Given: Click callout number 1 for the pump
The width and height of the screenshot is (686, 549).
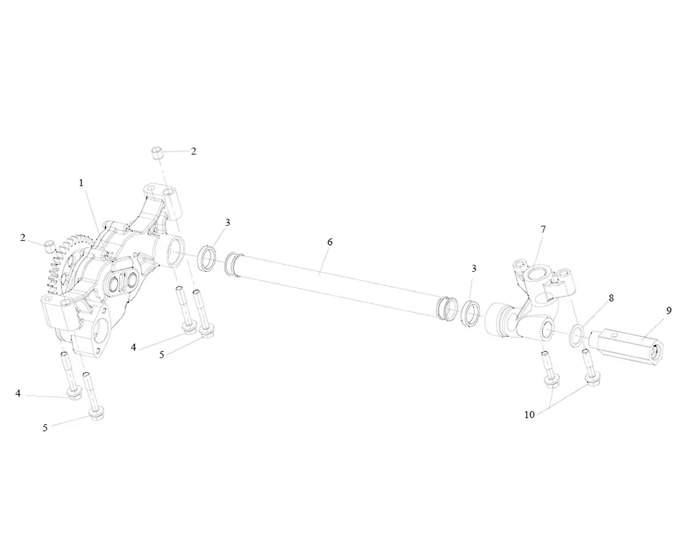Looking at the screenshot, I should coord(81,183).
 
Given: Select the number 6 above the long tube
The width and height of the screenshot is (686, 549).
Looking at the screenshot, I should coord(329,242).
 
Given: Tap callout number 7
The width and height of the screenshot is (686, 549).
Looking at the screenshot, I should coord(543,229).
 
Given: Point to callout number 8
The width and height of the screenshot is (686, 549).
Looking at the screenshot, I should coord(611,299).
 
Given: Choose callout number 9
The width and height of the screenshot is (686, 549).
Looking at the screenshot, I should coord(669,310).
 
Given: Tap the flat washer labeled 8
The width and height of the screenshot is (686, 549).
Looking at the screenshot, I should coord(577,334).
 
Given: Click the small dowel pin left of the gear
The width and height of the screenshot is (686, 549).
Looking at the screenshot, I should coord(49,245).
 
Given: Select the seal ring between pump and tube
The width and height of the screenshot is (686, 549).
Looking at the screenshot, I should coord(206,258).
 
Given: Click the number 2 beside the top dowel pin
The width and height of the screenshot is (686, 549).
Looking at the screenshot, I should coord(193,152).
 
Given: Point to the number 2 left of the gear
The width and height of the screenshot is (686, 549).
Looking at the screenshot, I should coord(23,238).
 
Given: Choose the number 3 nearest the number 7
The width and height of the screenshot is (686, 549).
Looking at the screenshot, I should coord(473,268).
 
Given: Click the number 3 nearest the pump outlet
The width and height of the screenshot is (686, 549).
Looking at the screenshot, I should coord(227,222).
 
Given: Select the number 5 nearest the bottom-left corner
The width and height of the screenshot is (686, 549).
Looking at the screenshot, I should coord(45,428).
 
